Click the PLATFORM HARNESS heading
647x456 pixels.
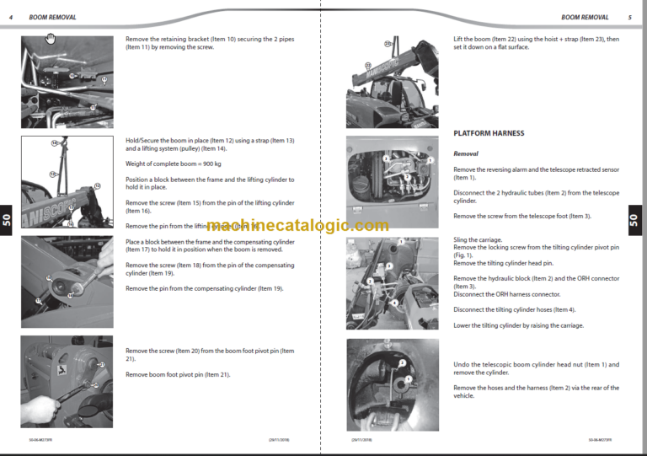click(x=489, y=133)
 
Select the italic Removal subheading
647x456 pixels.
click(x=466, y=154)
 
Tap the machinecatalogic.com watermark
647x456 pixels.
click(x=297, y=226)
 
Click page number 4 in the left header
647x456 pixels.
click(x=10, y=17)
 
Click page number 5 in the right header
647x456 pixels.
click(x=629, y=17)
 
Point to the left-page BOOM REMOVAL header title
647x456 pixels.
click(x=52, y=17)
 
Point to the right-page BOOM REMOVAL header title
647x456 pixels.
click(x=585, y=17)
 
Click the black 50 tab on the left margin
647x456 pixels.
click(x=7, y=220)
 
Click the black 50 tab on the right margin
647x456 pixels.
click(x=634, y=220)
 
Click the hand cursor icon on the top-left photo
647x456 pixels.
click(x=51, y=39)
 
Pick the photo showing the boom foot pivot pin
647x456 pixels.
click(x=67, y=380)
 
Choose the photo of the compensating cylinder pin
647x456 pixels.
click(x=67, y=282)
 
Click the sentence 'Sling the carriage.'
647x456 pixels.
click(x=478, y=240)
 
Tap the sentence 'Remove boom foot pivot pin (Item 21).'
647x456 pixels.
click(x=178, y=374)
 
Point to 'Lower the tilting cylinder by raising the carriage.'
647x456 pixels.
click(x=518, y=325)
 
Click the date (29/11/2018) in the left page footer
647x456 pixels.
click(x=280, y=439)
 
